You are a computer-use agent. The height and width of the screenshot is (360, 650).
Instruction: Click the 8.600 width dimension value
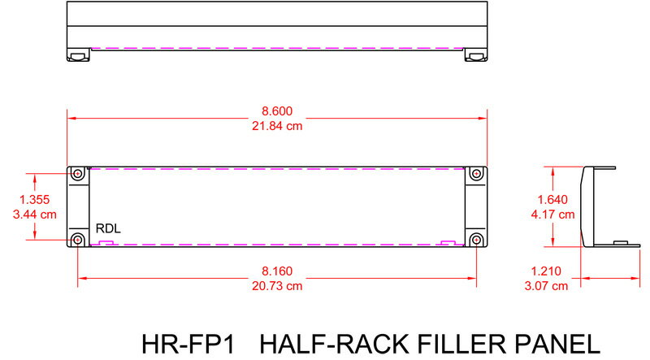coord(276,111)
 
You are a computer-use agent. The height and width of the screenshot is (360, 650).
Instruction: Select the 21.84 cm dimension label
coord(276,125)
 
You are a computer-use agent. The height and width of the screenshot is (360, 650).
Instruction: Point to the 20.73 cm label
coord(276,286)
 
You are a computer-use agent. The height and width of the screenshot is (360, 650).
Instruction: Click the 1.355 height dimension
coord(34,199)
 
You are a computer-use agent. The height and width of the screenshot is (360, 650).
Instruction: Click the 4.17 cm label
coord(554,215)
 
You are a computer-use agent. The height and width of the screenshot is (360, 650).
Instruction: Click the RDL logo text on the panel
coord(108,228)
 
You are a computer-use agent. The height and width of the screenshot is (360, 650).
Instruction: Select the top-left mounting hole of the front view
coord(78,175)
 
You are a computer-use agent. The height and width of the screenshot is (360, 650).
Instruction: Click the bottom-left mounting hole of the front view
coord(78,240)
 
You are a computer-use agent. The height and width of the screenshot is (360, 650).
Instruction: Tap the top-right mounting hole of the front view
coord(476,175)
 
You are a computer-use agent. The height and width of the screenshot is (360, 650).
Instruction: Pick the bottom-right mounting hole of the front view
coord(476,240)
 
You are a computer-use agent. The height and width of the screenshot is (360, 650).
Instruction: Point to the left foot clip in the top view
coord(76,55)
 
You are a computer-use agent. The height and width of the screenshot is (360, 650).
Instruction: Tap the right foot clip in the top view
coord(475,55)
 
